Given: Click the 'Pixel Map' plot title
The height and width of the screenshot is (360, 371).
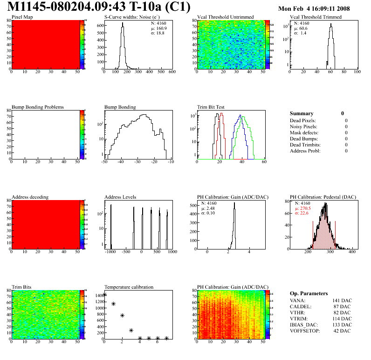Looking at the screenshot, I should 22,17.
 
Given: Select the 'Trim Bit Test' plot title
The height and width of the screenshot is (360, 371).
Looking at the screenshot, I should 211,107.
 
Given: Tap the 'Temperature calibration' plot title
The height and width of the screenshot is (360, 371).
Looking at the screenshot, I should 129,287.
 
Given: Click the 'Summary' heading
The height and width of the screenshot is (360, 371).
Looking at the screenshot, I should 302,113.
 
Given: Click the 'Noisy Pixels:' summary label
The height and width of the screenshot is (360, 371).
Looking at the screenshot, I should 304,126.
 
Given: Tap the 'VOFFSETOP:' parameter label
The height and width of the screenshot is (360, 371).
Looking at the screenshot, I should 306,331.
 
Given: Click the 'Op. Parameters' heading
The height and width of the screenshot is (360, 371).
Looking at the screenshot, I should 309,293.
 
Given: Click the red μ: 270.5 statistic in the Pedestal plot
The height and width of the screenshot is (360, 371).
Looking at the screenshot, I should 302,208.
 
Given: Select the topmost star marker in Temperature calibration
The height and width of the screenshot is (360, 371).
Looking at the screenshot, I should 104,294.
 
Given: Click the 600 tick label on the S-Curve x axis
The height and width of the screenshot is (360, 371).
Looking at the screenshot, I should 172,72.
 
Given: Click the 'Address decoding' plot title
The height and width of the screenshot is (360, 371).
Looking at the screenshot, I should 30,197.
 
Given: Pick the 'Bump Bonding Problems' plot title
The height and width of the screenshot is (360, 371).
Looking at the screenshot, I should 37,107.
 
